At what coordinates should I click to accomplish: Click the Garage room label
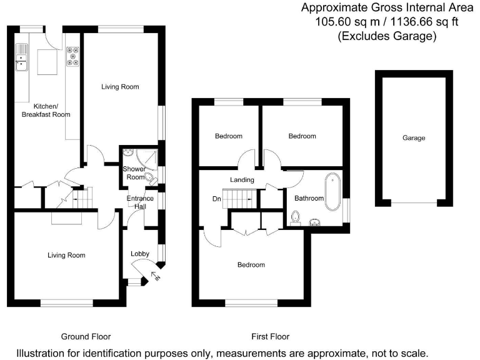[x=414, y=137]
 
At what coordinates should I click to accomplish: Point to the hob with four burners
[x=73, y=56]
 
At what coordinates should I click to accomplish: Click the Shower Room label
[x=134, y=173]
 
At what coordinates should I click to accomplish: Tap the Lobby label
[x=139, y=254]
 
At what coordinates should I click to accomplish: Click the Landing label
[x=242, y=180]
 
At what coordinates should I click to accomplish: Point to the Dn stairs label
[x=216, y=200]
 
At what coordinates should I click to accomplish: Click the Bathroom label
[x=309, y=198]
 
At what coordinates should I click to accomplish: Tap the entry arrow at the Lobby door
[x=156, y=276]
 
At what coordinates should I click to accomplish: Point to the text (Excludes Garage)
[x=386, y=36]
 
